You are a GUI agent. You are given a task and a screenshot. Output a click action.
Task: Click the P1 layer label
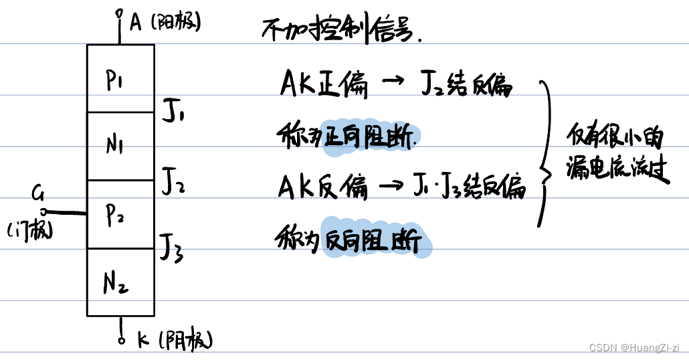pos(118,80)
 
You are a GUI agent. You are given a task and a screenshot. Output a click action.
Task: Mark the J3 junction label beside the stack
pos(171,247)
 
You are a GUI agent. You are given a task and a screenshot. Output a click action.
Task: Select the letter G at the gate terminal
pos(37,195)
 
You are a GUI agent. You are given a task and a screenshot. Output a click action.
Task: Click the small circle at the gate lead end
pos(43,211)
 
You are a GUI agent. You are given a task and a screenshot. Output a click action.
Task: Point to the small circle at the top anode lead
pos(120,13)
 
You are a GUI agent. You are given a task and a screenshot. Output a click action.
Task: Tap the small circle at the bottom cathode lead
pos(121,340)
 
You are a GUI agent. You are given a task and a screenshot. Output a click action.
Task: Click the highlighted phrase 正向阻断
pos(373,137)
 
